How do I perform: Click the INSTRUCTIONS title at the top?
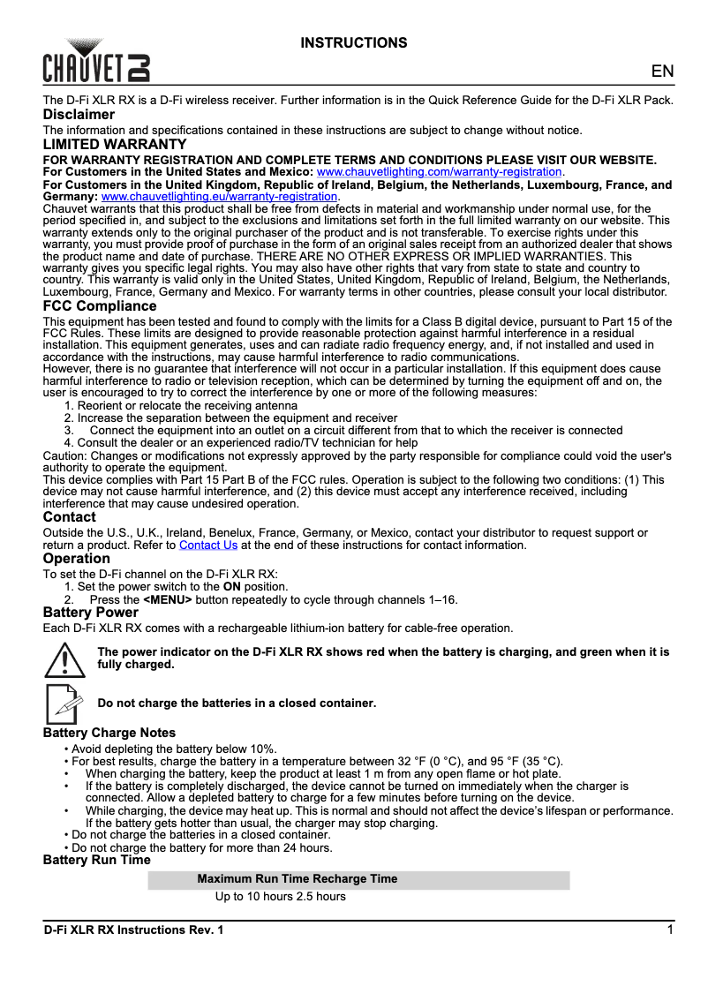pos(354,42)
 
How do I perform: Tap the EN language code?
pos(662,72)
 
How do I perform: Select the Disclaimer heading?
pos(79,115)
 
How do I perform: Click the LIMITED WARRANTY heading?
pos(115,144)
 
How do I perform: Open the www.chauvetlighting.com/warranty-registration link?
pos(439,171)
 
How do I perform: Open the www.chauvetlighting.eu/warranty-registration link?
pos(220,196)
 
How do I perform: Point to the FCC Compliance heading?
pos(100,306)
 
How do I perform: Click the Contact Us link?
pos(208,545)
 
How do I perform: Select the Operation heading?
pos(77,559)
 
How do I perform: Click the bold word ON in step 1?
pos(231,586)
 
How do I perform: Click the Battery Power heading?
pos(91,613)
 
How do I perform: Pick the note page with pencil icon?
pos(63,703)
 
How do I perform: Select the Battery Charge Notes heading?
pos(109,733)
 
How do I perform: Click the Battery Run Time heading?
pos(97,860)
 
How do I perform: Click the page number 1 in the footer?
pos(671,929)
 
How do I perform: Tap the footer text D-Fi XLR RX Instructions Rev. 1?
pos(134,930)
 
